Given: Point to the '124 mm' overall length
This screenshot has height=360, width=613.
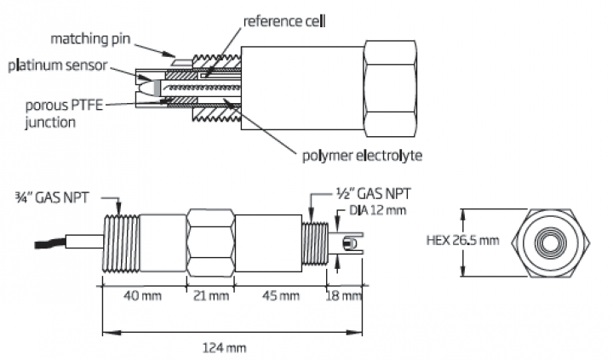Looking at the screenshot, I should click(x=230, y=347).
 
